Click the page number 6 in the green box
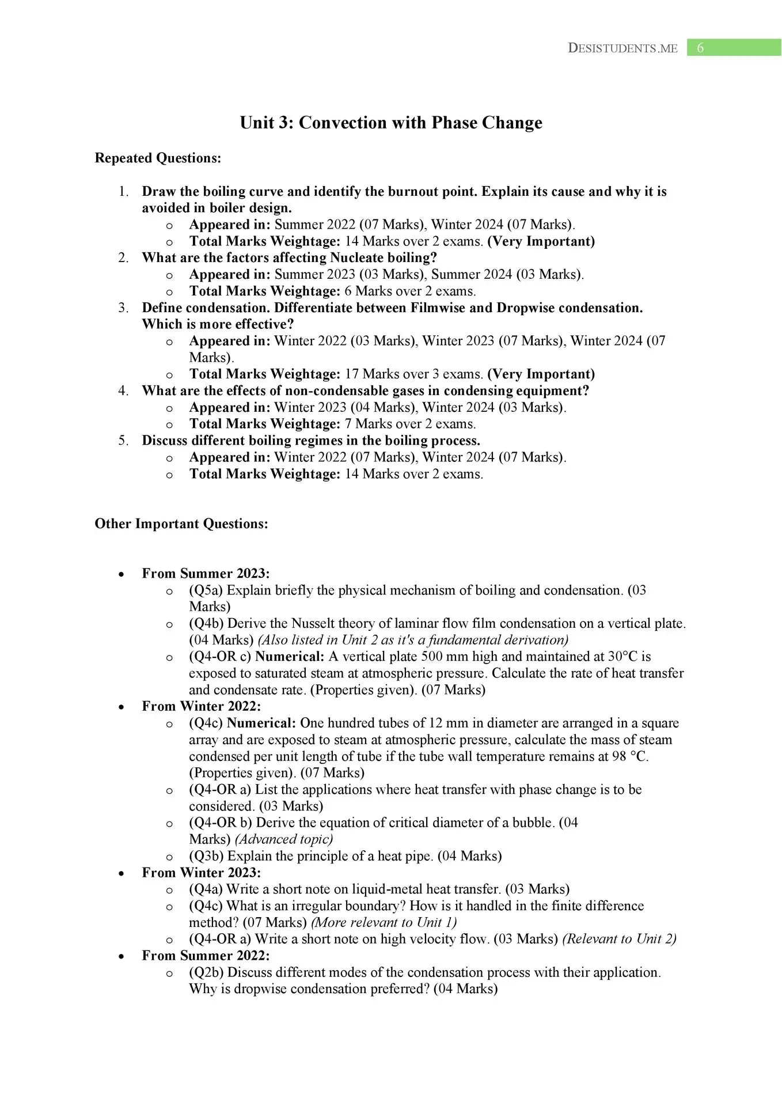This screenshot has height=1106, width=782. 700,48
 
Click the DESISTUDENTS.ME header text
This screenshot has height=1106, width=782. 622,48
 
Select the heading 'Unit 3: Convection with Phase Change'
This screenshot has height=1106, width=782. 391,123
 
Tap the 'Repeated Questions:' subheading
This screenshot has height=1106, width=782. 158,158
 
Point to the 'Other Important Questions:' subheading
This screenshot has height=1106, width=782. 181,524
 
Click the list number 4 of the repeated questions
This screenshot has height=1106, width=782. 123,391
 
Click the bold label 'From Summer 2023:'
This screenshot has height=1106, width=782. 206,573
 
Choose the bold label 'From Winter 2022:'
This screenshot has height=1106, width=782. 202,706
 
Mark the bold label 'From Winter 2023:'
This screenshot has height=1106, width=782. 202,873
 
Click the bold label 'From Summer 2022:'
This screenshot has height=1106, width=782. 206,956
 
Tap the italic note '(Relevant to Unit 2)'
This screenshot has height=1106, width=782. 619,939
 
